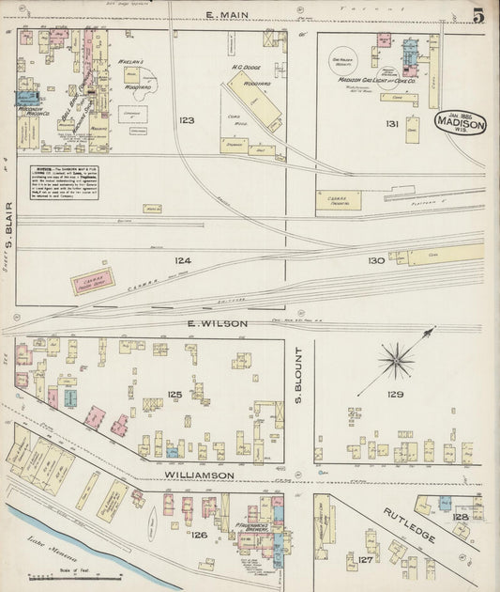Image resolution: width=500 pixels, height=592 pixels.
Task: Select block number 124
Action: [x=182, y=260]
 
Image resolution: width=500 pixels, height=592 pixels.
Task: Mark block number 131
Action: [x=391, y=124]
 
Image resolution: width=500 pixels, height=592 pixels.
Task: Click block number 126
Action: [x=199, y=536]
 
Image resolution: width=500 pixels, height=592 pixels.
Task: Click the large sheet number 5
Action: [x=478, y=14]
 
